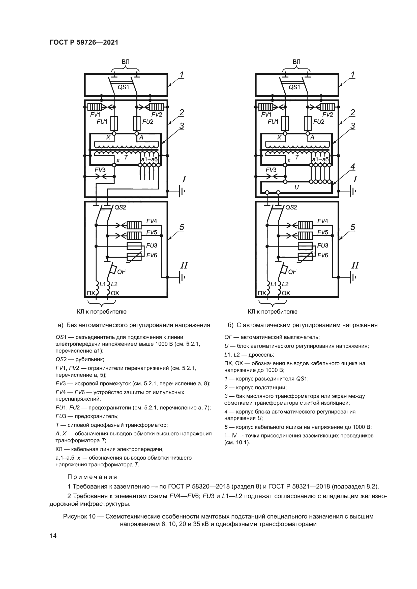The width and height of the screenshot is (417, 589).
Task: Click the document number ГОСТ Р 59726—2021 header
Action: point(84,43)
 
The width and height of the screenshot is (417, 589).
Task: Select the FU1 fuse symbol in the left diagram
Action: point(114,124)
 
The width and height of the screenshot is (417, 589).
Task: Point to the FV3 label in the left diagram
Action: point(100,170)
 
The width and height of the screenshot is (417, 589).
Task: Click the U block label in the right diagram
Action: point(296,188)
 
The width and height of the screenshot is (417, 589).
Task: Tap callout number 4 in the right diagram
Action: point(352,167)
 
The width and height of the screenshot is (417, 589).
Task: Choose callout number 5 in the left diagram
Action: point(182,227)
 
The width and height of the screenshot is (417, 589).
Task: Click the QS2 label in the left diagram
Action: point(120,207)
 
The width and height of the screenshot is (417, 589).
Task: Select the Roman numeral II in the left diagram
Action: point(184,265)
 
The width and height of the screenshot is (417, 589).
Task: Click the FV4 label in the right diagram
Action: point(322,221)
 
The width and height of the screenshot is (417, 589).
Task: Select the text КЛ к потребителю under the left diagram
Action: point(102,312)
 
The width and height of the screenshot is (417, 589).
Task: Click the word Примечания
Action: point(92,477)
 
